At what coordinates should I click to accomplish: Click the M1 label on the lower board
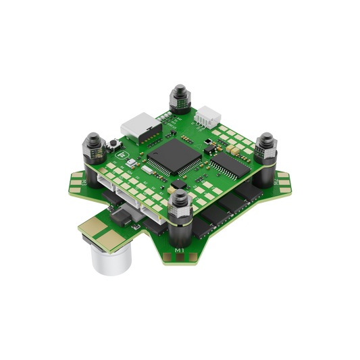tap(180, 252)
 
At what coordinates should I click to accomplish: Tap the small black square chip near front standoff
tap(177, 184)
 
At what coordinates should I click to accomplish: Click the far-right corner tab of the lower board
tap(289, 182)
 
